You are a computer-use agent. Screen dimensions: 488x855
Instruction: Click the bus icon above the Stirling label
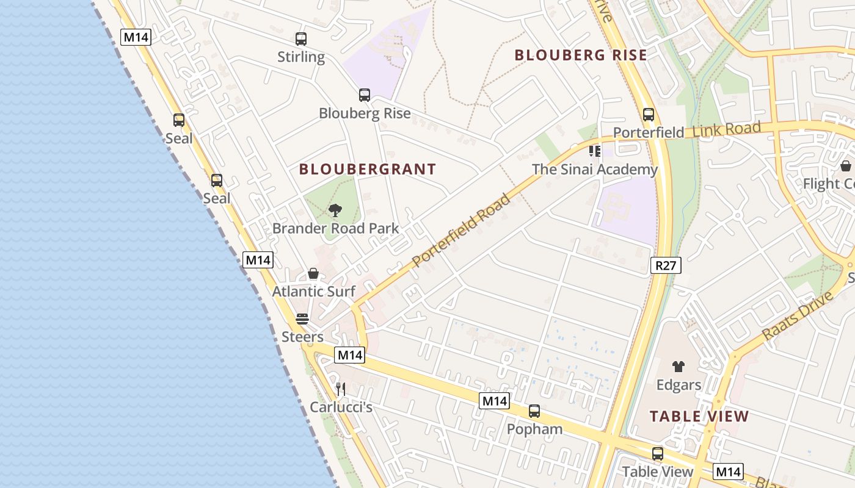(x=301, y=39)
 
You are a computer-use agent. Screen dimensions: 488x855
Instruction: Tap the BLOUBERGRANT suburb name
(x=368, y=170)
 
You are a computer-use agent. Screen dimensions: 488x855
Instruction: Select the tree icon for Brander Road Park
(x=335, y=211)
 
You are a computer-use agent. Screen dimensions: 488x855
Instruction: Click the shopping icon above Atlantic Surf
(x=313, y=274)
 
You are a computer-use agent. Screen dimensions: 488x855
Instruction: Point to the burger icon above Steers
(x=302, y=319)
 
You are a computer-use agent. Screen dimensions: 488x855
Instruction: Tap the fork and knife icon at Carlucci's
(x=341, y=389)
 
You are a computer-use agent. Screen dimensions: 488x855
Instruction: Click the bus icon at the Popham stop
(x=534, y=411)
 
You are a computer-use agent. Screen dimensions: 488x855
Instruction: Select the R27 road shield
(x=666, y=265)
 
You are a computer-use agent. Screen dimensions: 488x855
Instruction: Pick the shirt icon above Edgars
(x=679, y=367)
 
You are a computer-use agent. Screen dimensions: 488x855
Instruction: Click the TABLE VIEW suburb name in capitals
(x=699, y=417)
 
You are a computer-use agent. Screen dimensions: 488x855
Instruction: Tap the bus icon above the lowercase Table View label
(x=658, y=454)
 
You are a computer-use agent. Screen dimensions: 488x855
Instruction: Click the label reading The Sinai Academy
(x=595, y=170)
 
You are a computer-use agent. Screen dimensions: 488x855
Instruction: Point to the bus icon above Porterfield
(x=649, y=115)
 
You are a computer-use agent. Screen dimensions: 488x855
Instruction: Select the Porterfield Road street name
(x=461, y=230)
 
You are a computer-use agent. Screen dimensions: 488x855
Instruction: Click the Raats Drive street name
(x=798, y=316)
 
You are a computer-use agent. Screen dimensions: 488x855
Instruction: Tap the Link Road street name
(x=727, y=129)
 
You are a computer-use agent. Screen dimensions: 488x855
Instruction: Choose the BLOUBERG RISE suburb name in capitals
(x=580, y=56)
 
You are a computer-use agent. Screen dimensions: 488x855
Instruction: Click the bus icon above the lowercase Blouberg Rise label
(x=365, y=95)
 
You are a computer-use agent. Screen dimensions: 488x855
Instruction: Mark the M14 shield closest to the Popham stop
(x=494, y=401)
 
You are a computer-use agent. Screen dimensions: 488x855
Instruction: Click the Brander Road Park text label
(x=335, y=229)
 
